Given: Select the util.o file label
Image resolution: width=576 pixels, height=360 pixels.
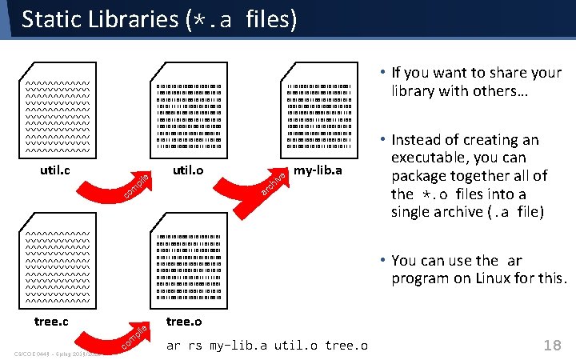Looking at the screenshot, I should pos(188,170).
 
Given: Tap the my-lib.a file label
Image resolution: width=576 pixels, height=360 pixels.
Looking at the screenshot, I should pos(318,170).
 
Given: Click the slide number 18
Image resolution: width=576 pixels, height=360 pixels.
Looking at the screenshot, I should pos(551,345).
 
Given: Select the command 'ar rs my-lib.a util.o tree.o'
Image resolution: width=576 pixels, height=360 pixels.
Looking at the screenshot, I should pos(267,346).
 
